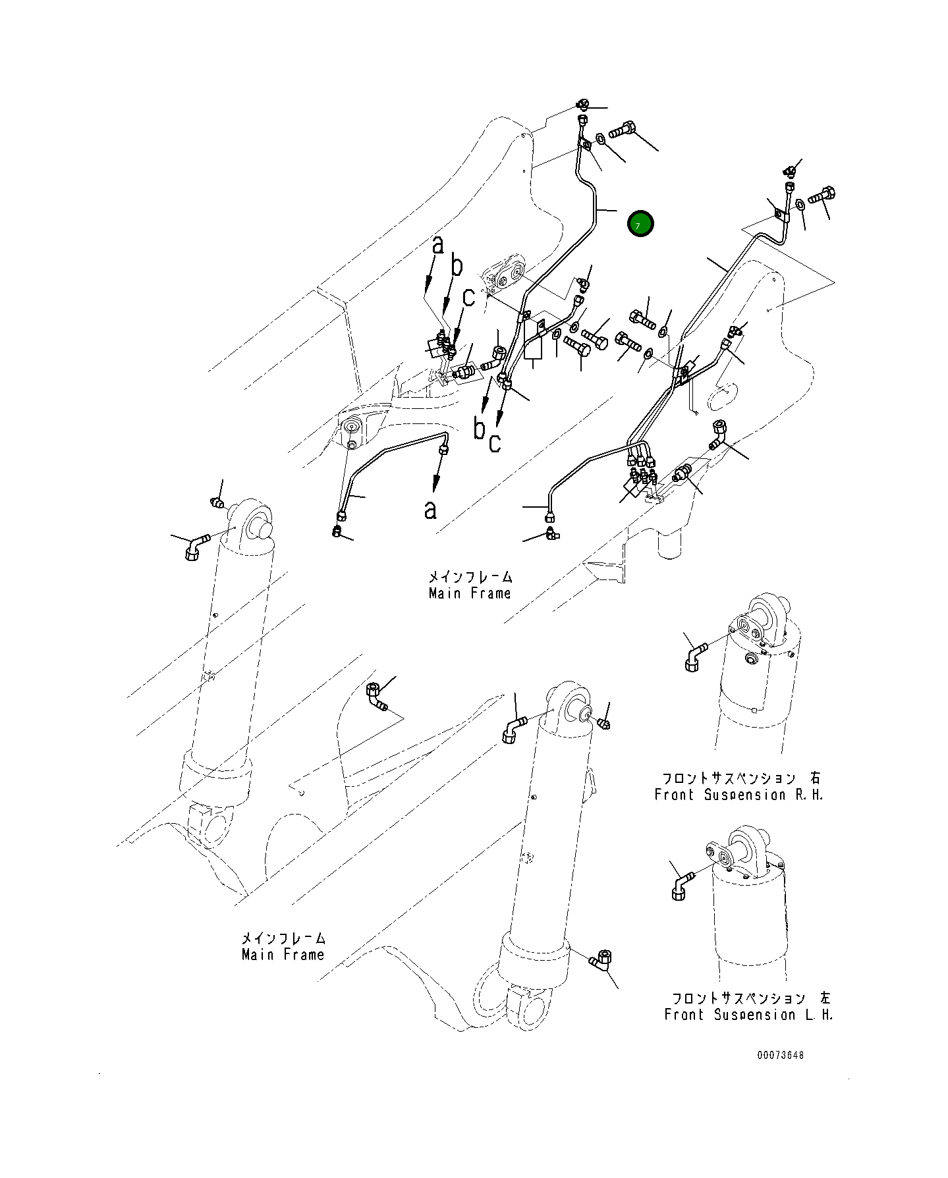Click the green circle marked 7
[x=640, y=224]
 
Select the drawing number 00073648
[x=780, y=1074]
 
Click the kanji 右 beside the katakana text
[x=816, y=778]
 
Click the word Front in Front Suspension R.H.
[x=673, y=795]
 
